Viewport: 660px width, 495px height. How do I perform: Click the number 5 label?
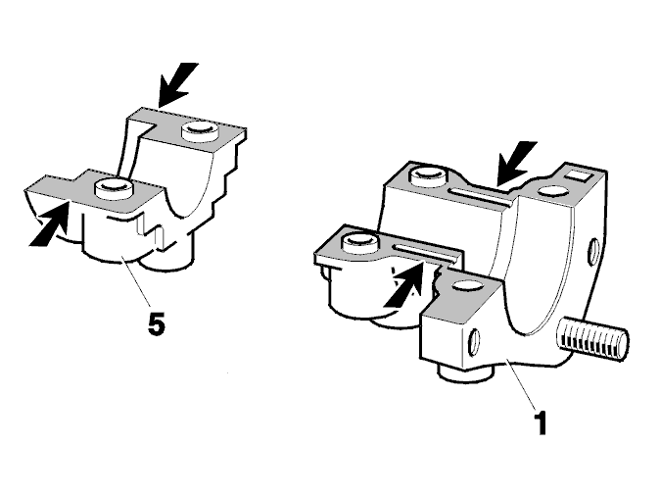point(156,324)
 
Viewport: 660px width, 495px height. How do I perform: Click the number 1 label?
point(541,422)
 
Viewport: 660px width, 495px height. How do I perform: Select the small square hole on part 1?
point(579,175)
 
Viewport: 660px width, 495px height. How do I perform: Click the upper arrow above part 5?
point(177,84)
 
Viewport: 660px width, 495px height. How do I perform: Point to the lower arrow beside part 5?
point(49,223)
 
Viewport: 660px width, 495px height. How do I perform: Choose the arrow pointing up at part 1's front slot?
point(403,284)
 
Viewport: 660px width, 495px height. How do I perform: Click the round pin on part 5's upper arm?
point(200,130)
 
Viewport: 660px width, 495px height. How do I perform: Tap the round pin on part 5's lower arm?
point(114,188)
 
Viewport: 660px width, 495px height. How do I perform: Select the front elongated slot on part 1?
point(423,252)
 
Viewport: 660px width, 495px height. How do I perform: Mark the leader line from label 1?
point(522,385)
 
